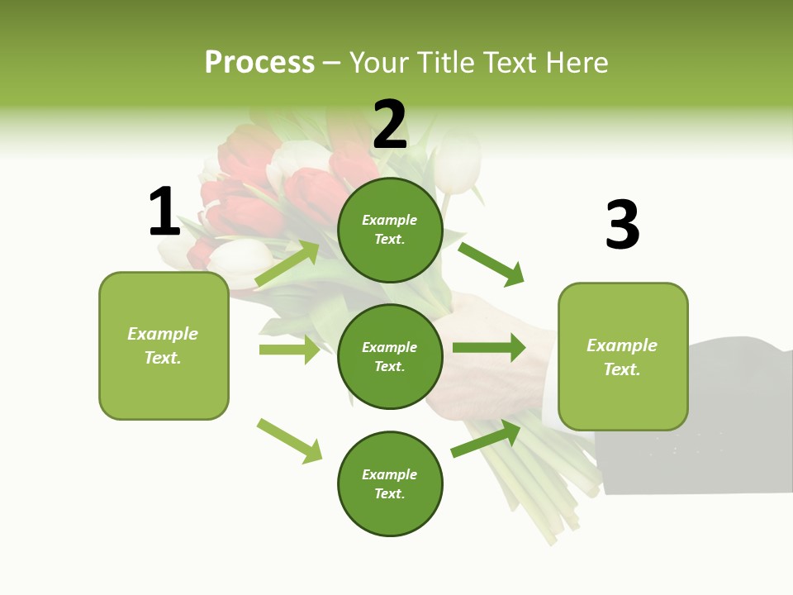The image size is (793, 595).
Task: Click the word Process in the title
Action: click(x=259, y=63)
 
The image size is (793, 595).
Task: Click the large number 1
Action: click(x=164, y=212)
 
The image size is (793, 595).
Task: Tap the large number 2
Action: click(x=390, y=125)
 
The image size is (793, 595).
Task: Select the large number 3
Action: click(x=622, y=225)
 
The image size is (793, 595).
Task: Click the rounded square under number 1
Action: click(x=164, y=345)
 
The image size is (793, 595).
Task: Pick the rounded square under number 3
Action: click(x=623, y=356)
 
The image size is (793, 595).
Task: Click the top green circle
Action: click(x=390, y=230)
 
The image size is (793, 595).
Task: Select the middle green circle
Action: click(x=390, y=356)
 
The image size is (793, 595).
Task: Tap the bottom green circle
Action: click(x=390, y=483)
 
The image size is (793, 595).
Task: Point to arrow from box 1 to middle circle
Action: click(x=289, y=350)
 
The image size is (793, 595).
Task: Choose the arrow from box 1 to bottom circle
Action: click(x=290, y=440)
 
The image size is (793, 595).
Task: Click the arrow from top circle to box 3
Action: click(x=491, y=264)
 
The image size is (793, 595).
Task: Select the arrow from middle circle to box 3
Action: click(x=489, y=348)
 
